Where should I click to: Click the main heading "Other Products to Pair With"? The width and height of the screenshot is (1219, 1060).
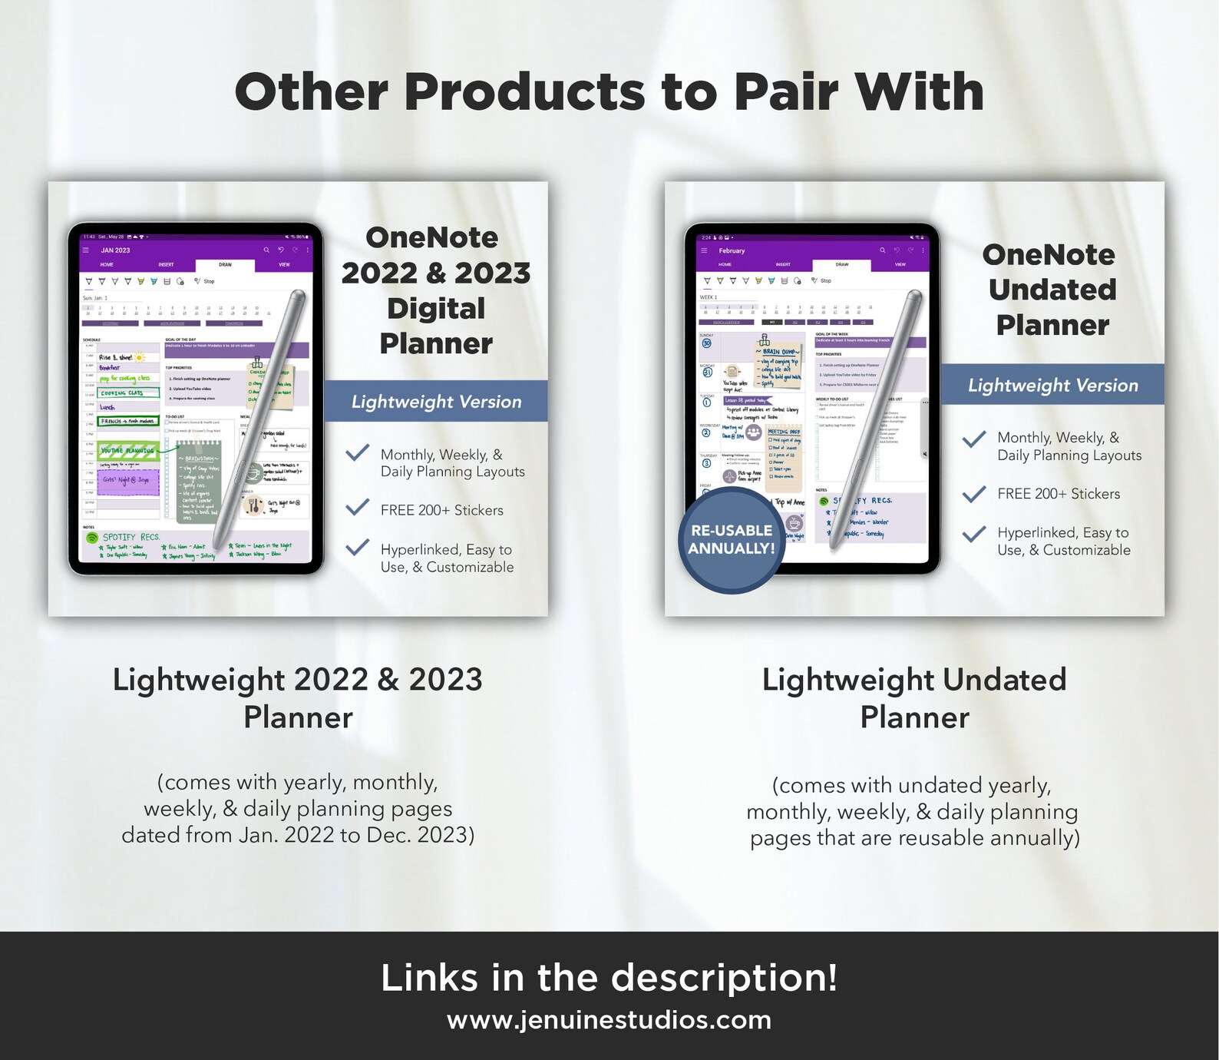point(609,92)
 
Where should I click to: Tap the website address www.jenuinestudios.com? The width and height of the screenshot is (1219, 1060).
point(609,1020)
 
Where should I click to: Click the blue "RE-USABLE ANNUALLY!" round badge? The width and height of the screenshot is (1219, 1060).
point(731,540)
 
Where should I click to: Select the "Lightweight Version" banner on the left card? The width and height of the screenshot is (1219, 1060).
point(436,402)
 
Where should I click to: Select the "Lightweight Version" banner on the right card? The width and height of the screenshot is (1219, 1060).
point(1052,385)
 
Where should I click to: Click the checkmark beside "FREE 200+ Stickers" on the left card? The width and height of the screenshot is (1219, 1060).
point(357,507)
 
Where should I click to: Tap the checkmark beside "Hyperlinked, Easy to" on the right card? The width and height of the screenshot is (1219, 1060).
point(974,534)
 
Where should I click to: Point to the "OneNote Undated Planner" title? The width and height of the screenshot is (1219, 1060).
point(1052,290)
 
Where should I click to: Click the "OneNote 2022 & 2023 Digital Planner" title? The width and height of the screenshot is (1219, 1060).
point(435,290)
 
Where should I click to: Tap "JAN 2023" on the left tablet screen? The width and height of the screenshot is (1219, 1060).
point(115,250)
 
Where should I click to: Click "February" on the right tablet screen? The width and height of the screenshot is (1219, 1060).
point(732,250)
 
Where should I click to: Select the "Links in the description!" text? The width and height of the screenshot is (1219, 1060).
point(609,978)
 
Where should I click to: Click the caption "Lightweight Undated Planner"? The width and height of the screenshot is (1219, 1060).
point(914,697)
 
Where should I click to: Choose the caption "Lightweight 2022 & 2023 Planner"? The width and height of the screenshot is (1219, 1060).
point(298,697)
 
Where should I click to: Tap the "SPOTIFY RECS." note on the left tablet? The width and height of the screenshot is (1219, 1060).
point(130,537)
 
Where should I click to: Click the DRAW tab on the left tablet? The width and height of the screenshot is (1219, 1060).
point(225,265)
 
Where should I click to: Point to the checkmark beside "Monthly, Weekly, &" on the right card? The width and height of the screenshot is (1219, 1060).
point(974,439)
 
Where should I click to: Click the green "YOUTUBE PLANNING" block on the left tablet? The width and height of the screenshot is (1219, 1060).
point(128,451)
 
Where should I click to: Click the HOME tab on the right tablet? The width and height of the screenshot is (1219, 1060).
point(725,265)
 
